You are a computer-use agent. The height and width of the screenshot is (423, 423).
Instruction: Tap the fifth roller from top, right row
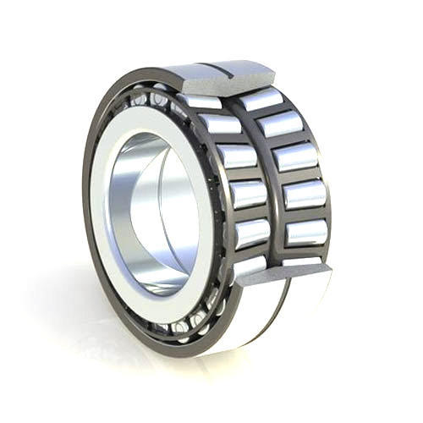(x=306, y=231)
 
